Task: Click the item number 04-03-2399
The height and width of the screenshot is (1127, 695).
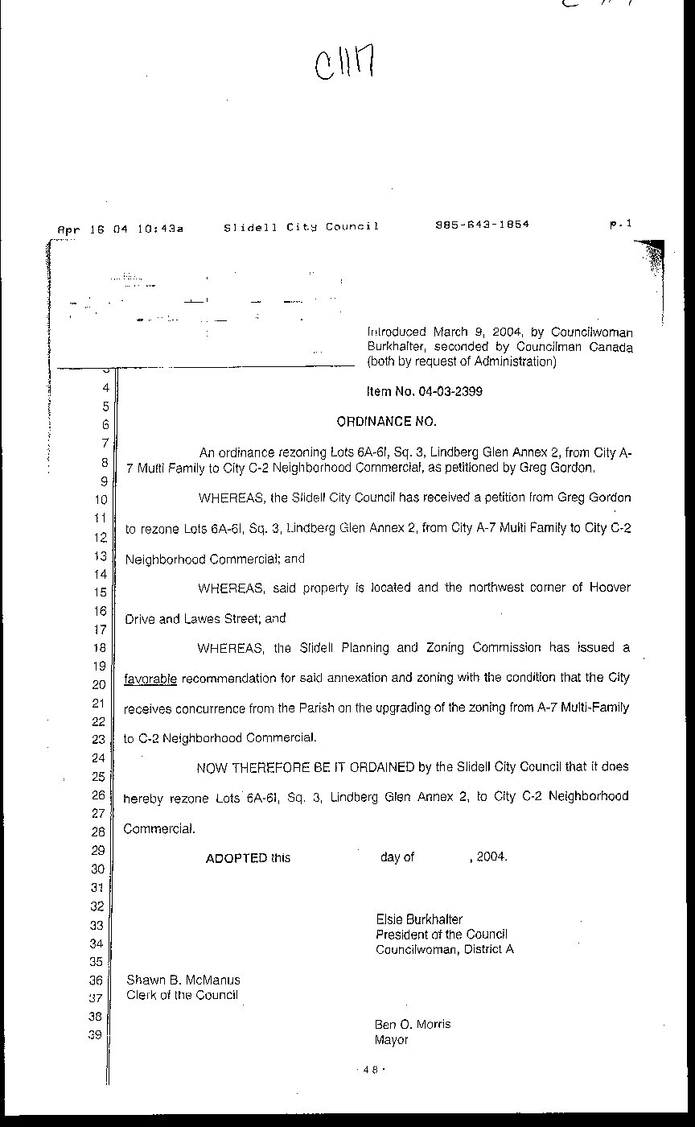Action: tap(425, 392)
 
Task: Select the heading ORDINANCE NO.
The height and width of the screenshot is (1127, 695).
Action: tap(385, 421)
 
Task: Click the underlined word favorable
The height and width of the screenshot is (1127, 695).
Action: tap(150, 679)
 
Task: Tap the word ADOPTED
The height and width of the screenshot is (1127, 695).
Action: tap(236, 857)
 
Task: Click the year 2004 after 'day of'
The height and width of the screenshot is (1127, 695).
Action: tap(491, 857)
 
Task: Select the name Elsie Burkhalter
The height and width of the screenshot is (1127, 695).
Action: tap(418, 919)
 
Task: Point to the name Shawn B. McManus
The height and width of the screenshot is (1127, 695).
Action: tap(183, 980)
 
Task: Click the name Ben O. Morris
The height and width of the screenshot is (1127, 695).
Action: tap(412, 1024)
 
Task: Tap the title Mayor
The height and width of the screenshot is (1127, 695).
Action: tap(391, 1039)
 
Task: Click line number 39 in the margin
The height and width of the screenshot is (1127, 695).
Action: tap(96, 1035)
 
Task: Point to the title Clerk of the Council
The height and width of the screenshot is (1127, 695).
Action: tap(182, 995)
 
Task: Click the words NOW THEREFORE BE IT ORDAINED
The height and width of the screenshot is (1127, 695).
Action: tap(306, 767)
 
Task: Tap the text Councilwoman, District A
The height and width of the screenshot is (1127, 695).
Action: tap(444, 949)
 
